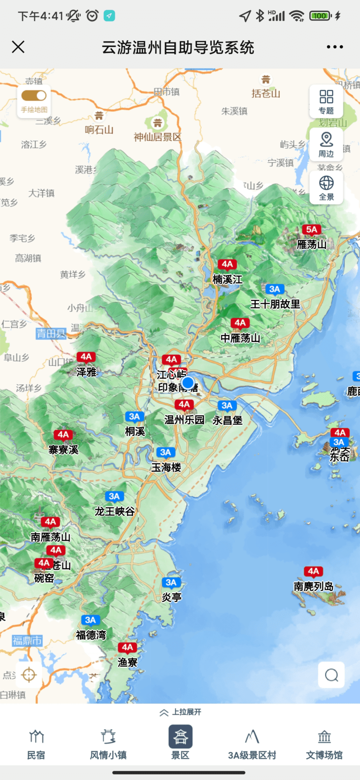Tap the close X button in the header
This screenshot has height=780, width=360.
click(x=18, y=47)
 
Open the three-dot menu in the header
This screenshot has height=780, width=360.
click(x=335, y=47)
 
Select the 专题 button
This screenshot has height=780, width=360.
click(x=326, y=101)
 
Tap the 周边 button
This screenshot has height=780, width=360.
click(x=326, y=144)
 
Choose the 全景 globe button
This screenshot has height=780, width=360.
click(x=326, y=187)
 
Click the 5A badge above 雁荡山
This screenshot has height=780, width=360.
click(x=312, y=230)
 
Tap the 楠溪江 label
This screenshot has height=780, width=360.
click(x=228, y=279)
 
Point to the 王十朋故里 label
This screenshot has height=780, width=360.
click(x=275, y=304)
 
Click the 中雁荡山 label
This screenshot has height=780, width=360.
click(x=240, y=338)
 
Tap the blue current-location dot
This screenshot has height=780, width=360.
click(x=188, y=383)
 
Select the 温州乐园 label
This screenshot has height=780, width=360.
click(x=185, y=419)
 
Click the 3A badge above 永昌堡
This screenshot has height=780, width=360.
click(x=227, y=405)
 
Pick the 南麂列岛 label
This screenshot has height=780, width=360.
click(x=313, y=586)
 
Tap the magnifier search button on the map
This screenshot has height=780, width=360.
click(x=332, y=675)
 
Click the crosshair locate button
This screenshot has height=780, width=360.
click(x=29, y=675)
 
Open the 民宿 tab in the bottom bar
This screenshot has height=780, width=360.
click(x=36, y=745)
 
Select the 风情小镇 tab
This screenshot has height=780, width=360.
click(x=108, y=745)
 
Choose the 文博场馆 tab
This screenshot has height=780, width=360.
click(x=324, y=745)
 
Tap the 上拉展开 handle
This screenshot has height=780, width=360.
click(x=180, y=712)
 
